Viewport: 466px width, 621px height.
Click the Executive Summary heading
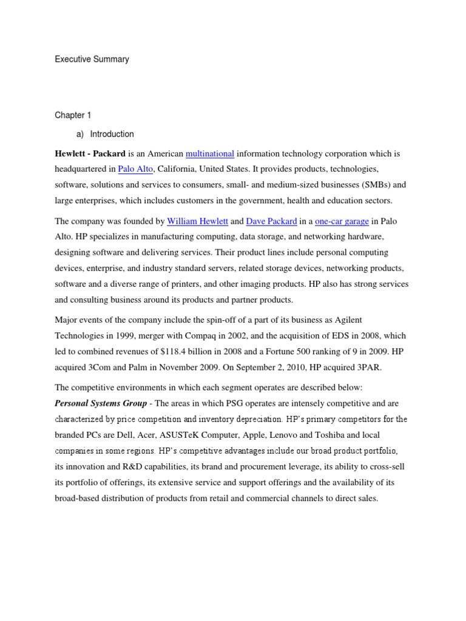point(92,59)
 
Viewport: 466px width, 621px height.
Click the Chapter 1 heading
point(72,115)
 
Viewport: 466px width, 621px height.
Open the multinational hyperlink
point(210,153)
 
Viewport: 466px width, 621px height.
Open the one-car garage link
point(342,221)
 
